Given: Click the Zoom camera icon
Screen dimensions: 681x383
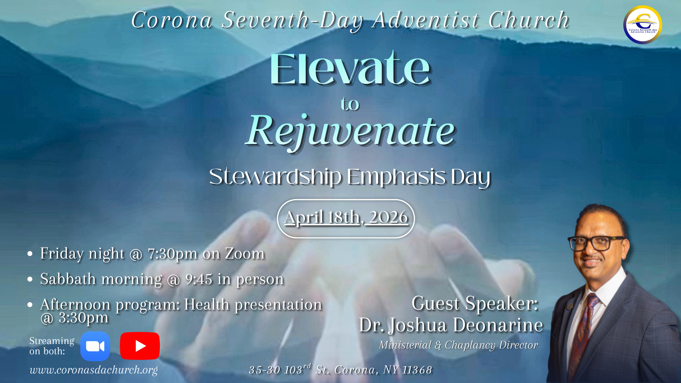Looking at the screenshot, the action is tap(95, 346).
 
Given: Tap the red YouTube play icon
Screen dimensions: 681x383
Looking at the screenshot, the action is tap(140, 346).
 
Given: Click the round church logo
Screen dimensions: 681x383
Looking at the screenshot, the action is tap(643, 25).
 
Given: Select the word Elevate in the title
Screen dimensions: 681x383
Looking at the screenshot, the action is tap(350, 69).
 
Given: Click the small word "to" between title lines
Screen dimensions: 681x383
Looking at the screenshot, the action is tap(350, 104).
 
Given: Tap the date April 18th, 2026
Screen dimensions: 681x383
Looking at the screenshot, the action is tap(346, 217).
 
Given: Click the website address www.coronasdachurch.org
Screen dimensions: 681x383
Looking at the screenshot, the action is tap(94, 370).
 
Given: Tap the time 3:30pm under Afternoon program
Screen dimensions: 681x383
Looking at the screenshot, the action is tap(83, 317).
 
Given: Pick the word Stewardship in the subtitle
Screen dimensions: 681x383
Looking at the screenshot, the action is tap(276, 177).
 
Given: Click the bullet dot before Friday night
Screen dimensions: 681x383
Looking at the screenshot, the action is tap(30, 254).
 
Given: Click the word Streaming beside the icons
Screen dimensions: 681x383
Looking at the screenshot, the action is tap(52, 341).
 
